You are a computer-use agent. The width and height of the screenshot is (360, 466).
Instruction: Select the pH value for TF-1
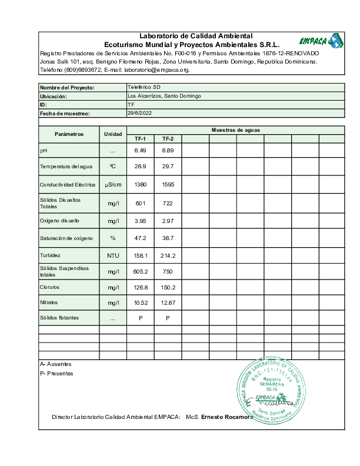click(x=140, y=151)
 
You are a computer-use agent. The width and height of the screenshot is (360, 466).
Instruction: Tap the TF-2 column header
click(x=168, y=139)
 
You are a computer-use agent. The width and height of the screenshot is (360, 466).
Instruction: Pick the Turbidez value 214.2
click(x=168, y=255)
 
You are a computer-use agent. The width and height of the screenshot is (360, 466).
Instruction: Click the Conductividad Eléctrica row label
click(x=68, y=185)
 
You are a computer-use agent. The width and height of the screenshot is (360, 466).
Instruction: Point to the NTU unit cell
click(x=113, y=255)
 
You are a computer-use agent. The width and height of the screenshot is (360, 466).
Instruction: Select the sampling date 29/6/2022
click(x=139, y=112)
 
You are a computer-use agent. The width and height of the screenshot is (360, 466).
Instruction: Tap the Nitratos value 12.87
click(x=168, y=302)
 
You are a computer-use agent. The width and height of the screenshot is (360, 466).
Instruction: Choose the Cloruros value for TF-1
click(x=140, y=288)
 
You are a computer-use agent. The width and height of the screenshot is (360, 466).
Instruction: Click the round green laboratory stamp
click(x=272, y=391)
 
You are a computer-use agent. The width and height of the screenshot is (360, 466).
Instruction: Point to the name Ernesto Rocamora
click(x=227, y=417)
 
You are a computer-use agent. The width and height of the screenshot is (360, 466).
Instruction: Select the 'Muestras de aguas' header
click(x=235, y=130)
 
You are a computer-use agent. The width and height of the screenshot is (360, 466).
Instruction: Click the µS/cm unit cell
click(x=113, y=185)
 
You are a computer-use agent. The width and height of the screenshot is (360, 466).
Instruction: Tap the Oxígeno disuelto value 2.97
click(x=168, y=221)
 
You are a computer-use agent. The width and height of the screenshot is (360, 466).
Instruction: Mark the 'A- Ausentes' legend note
click(x=55, y=364)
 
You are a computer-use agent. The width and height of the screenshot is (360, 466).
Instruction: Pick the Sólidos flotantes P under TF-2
click(x=168, y=318)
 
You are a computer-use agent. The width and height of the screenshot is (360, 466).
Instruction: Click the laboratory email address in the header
click(x=157, y=70)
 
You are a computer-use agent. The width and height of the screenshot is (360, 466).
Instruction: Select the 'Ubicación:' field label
click(x=54, y=96)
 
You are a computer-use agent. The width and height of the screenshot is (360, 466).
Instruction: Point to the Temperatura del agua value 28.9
click(x=140, y=167)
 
